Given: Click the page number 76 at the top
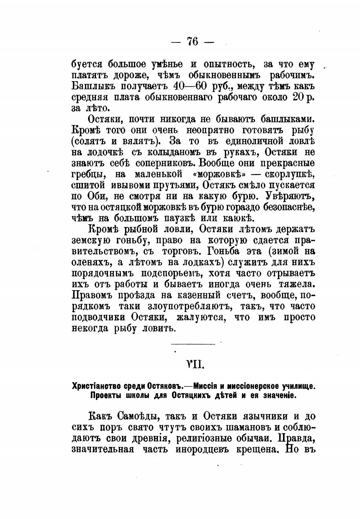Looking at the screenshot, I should tap(192, 42).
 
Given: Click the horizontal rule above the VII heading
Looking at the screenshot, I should tap(193, 344).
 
